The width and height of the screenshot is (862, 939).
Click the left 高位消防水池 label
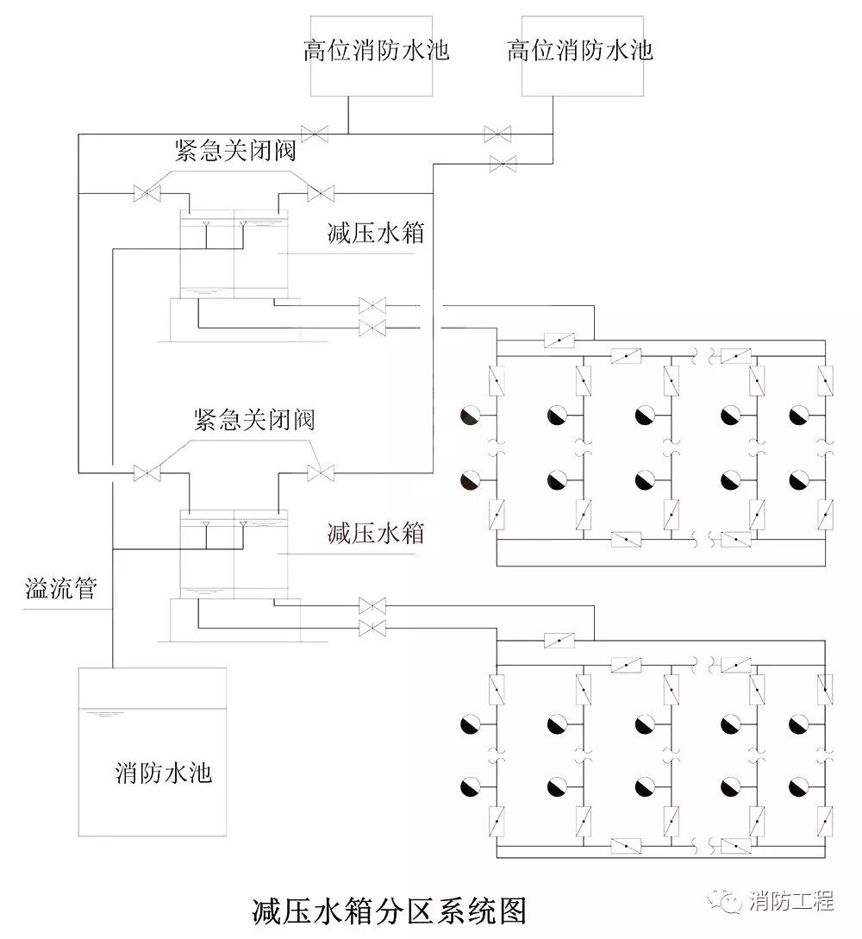coord(376,49)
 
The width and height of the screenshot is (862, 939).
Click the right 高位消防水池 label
coord(579,49)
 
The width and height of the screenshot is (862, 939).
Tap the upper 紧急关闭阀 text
coord(234,150)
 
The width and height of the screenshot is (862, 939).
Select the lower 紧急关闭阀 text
coord(254,420)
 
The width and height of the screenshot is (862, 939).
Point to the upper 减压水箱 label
coord(376,233)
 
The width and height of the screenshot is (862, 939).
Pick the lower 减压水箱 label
coord(376,532)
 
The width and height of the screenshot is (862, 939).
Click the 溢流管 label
coord(60,591)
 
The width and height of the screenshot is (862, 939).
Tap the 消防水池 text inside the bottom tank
coord(164,772)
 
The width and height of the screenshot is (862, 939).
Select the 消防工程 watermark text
coord(791,902)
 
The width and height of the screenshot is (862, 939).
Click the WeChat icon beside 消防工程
coord(728,902)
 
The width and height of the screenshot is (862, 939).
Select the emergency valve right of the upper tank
coord(321,193)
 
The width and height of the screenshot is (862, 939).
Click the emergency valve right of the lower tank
coord(321,473)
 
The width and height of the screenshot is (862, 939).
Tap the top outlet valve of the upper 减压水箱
coord(372,305)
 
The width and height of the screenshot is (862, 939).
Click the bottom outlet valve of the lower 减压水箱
coord(372,627)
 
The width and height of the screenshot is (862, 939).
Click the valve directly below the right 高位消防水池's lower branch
coord(503,162)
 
